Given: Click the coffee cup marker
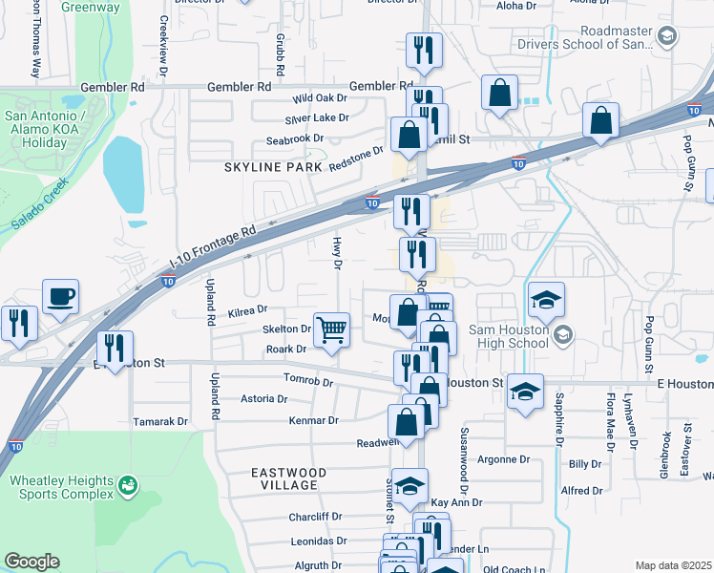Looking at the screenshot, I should coord(61,296).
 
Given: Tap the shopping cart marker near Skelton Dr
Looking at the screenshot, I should coord(331,330).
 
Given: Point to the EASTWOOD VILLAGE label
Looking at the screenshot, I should coord(288,478).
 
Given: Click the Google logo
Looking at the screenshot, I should coord(31,562).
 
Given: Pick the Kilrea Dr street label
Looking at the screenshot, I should coord(248,310).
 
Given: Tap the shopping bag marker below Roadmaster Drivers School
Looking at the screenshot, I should coord(500,95).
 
